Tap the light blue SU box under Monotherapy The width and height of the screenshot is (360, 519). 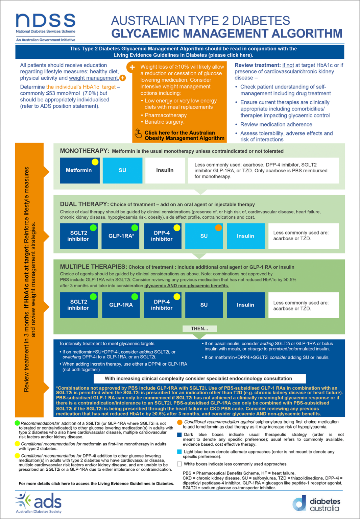pyautogui.click(x=122, y=171)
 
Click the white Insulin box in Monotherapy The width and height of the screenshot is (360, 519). pyautogui.click(x=165, y=171)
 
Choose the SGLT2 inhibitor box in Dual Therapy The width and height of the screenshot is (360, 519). pyautogui.click(x=78, y=236)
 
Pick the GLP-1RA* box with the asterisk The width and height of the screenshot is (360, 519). pyautogui.click(x=121, y=236)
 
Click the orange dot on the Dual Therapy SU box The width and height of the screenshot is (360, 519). pyautogui.click(x=219, y=228)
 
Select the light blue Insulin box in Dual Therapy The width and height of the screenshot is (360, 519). pyautogui.click(x=245, y=236)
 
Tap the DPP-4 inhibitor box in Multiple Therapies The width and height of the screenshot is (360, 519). pyautogui.click(x=162, y=305)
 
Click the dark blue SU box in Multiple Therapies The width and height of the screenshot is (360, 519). pyautogui.click(x=204, y=305)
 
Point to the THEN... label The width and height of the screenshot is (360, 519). pyautogui.click(x=199, y=328)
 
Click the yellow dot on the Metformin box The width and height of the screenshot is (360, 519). pyautogui.click(x=95, y=162)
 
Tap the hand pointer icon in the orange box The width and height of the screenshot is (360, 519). pyautogui.click(x=138, y=133)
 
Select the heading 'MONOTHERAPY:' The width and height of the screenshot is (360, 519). pyautogui.click(x=85, y=151)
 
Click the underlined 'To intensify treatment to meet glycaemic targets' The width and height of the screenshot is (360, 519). pyautogui.click(x=106, y=344)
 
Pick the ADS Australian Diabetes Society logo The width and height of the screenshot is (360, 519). pyautogui.click(x=39, y=503)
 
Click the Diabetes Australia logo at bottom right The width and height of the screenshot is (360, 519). pyautogui.click(x=316, y=504)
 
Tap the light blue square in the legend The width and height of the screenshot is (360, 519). pyautogui.click(x=179, y=452)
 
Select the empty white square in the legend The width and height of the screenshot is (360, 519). pyautogui.click(x=179, y=464)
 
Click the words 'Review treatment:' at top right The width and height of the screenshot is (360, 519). pyautogui.click(x=258, y=65)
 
